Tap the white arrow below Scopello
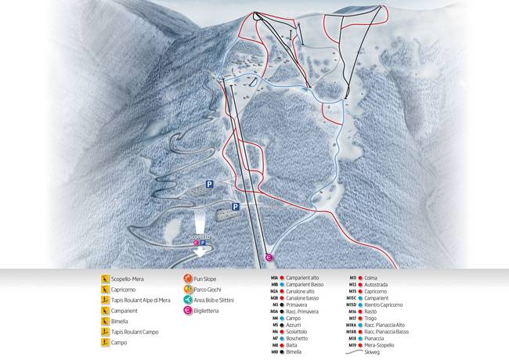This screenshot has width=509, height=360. [x=203, y=251]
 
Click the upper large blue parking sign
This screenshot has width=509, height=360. [x=209, y=183]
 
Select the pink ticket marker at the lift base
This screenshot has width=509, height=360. [x=268, y=257]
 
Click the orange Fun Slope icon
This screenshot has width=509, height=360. [x=188, y=278]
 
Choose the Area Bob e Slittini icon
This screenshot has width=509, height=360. [x=188, y=300]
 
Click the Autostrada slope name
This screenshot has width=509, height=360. [x=377, y=284]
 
